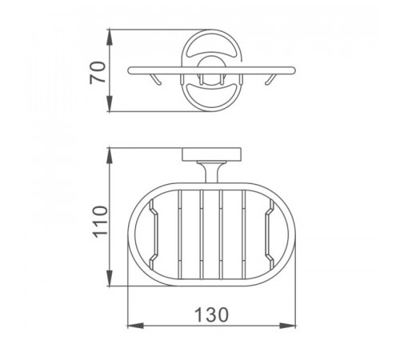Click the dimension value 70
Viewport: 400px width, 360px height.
[x=98, y=73]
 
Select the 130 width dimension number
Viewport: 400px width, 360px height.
[x=212, y=314]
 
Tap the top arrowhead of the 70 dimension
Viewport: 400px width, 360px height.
[x=110, y=38]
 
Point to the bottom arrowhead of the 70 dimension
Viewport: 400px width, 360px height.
[x=110, y=104]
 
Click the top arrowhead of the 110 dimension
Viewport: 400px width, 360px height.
[x=110, y=155]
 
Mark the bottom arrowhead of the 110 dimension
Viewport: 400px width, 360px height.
[x=110, y=278]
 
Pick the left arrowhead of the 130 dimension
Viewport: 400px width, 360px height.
[x=136, y=326]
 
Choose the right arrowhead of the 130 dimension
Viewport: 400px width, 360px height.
[x=288, y=326]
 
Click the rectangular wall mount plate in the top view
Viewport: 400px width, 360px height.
[x=212, y=154]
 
